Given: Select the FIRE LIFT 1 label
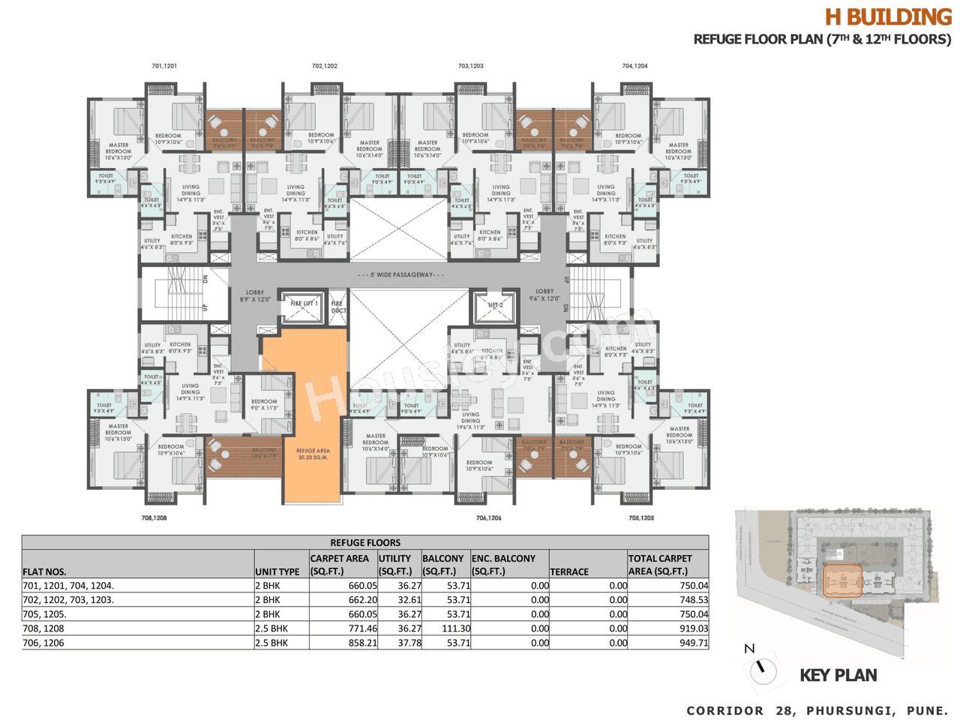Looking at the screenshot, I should click(x=304, y=304).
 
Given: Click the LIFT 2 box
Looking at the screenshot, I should click(x=495, y=306).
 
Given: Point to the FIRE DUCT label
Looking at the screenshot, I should click(x=337, y=307).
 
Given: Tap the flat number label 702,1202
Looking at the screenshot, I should click(x=325, y=66).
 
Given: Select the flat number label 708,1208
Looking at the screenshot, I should click(x=154, y=518).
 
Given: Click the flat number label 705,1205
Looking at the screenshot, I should click(x=641, y=518).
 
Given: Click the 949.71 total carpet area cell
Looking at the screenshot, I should click(x=692, y=643).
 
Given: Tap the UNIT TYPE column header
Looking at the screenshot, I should click(x=277, y=571).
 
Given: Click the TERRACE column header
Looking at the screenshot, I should click(x=569, y=571).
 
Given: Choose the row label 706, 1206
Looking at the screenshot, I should click(x=43, y=643).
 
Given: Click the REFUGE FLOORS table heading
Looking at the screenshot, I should click(x=365, y=542).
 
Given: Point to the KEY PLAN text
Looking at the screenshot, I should click(x=838, y=675).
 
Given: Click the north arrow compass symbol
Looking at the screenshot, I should click(x=763, y=669).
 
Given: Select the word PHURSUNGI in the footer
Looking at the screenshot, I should click(x=850, y=710).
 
